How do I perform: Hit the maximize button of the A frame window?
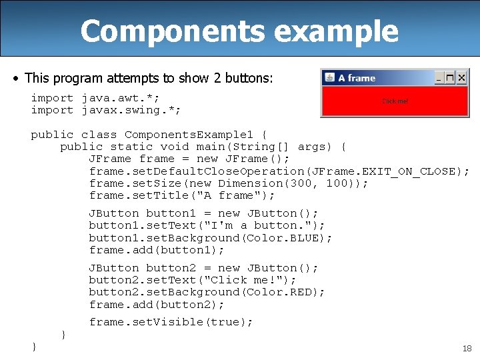[451, 78]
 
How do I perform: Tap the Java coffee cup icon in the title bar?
[329, 78]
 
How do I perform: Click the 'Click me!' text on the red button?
[395, 101]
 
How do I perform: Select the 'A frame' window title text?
[357, 78]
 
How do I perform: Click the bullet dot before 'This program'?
[16, 79]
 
